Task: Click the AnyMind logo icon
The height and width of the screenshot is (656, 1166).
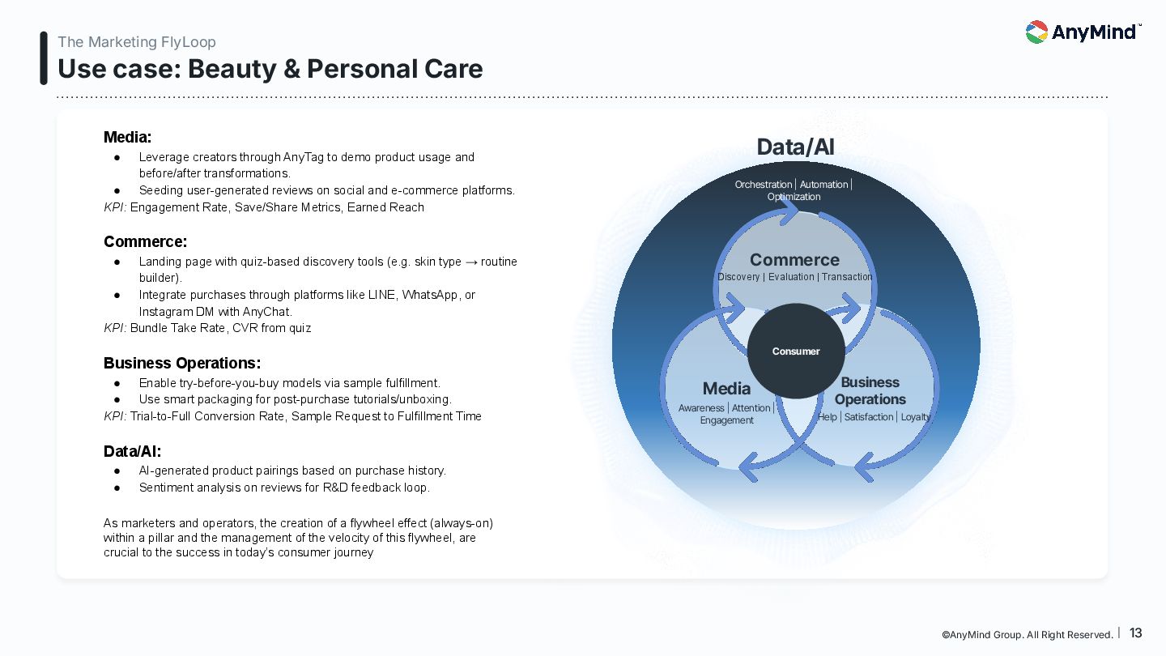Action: (x=1036, y=32)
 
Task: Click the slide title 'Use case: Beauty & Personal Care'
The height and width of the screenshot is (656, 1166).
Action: (x=270, y=69)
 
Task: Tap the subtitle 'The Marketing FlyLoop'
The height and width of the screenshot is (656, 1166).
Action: (x=137, y=42)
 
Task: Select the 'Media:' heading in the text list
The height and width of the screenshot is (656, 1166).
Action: (x=128, y=138)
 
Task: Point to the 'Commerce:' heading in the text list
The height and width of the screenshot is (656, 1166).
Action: (x=146, y=241)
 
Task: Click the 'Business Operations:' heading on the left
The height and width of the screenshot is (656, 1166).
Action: (x=182, y=363)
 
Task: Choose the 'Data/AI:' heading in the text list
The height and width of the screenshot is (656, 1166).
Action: (x=133, y=451)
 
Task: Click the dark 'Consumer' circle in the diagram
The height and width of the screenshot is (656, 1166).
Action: (x=796, y=351)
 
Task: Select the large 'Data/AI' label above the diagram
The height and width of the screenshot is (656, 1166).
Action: (x=795, y=147)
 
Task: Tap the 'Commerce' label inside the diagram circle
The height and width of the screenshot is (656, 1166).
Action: (x=794, y=260)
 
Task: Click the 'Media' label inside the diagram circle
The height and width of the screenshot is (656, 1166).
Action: (x=726, y=389)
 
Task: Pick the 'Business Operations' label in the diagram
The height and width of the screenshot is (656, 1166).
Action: (x=870, y=390)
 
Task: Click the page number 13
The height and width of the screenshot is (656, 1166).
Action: (x=1136, y=633)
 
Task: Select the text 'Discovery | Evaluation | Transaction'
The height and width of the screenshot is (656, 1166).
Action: (x=795, y=277)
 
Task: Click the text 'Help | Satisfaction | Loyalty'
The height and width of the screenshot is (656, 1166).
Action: (x=874, y=417)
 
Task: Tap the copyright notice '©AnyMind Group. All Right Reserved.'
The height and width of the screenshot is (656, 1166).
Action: (x=1028, y=635)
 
